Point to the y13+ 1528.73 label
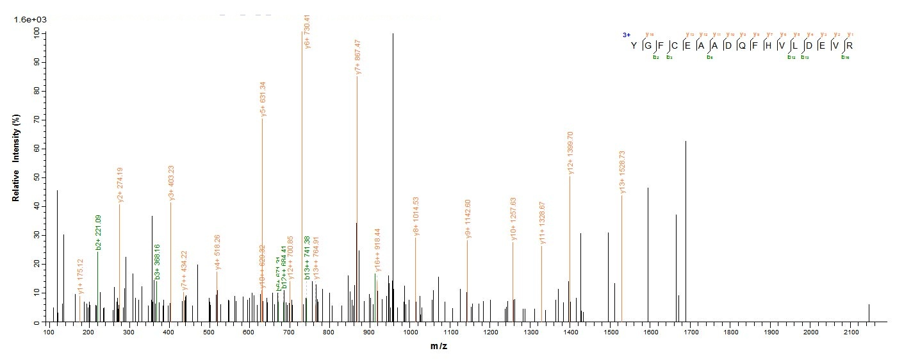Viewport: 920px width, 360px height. coord(622,172)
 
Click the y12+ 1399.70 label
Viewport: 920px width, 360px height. coord(570,153)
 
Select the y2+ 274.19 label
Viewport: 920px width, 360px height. coord(120,185)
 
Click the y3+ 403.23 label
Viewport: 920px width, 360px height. coord(171,183)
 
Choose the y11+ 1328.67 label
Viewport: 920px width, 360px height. coord(543,223)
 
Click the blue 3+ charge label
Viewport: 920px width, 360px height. coord(626,35)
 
